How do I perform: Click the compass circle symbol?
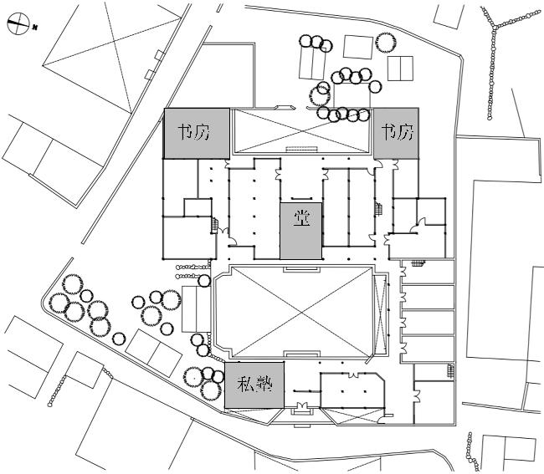(18, 23)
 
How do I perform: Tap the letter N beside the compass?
(34, 27)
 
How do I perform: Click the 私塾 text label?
(254, 385)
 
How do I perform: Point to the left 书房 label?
(194, 132)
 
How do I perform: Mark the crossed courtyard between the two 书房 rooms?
(301, 131)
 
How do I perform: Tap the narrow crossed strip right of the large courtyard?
(381, 314)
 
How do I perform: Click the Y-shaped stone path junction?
(494, 26)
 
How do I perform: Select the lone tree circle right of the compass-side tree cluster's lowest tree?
(119, 339)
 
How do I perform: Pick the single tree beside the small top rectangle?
(385, 43)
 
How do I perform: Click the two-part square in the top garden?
(400, 69)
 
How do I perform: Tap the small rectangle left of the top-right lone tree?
(358, 47)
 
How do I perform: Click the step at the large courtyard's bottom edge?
(301, 354)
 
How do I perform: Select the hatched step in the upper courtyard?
(301, 150)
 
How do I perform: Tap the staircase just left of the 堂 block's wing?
(215, 225)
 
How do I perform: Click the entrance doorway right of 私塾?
(302, 408)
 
